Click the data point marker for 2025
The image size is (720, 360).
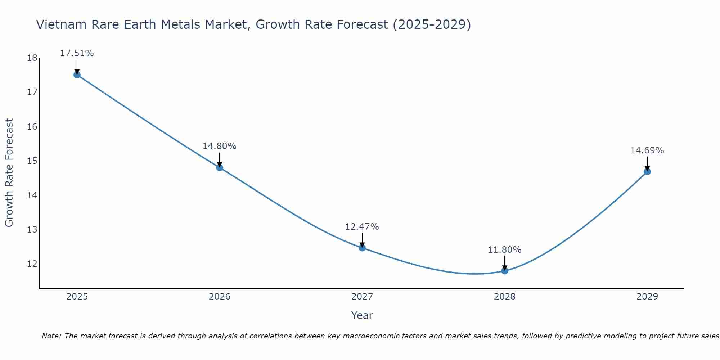(77, 75)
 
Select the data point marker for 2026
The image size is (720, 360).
(220, 167)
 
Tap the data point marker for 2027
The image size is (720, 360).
(362, 248)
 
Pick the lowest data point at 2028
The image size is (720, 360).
(505, 271)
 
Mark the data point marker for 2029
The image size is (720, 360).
(647, 172)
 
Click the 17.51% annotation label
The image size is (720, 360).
(77, 53)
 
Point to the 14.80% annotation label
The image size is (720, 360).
(219, 146)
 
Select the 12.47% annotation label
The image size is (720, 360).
(362, 227)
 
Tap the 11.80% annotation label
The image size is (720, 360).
(504, 250)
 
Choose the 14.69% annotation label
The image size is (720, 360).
(647, 150)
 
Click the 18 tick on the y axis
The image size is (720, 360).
(32, 58)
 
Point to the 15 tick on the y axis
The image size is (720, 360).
(32, 161)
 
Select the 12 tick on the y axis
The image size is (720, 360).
(32, 264)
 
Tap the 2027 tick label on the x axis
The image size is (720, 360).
(362, 297)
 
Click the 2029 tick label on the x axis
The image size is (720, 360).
(647, 297)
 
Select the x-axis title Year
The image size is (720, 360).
(362, 315)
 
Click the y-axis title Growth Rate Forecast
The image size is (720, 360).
(9, 172)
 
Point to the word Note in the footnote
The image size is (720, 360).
(51, 336)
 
